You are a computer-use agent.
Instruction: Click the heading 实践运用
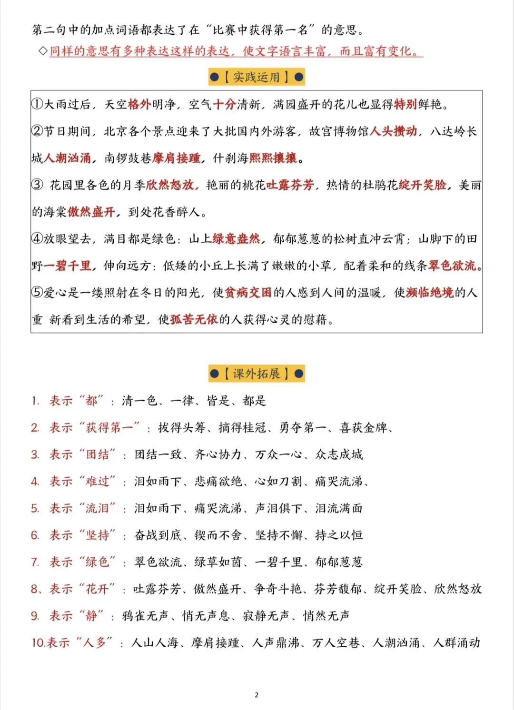tap(257, 77)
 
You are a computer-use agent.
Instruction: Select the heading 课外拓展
tap(257, 374)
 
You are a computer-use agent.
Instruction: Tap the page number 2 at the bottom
tap(257, 695)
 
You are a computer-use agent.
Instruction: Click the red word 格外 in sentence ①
tap(140, 105)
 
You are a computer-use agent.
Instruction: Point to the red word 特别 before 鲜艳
tap(405, 105)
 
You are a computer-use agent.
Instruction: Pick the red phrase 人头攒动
tap(394, 131)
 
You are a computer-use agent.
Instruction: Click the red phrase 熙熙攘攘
tap(273, 158)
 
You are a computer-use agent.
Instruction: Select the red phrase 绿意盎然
tap(237, 239)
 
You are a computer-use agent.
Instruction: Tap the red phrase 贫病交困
tap(248, 293)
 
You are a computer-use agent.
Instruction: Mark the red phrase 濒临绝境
tap(430, 293)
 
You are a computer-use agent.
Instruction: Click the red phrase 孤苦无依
tap(194, 320)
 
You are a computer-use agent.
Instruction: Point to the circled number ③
tap(37, 185)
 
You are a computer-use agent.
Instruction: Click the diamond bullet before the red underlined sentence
tap(43, 51)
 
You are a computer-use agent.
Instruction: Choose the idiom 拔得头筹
tap(182, 428)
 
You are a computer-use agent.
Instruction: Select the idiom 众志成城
tap(339, 455)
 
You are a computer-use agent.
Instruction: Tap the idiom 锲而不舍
tap(218, 535)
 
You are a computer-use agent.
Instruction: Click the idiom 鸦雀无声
tap(145, 616)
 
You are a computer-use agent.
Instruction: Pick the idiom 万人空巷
tap(336, 643)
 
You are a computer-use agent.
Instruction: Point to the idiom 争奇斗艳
tap(278, 589)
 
